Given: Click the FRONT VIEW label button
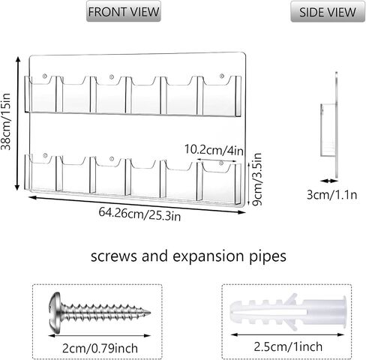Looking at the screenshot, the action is pos(124,11).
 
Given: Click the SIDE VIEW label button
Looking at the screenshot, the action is pos(328,12).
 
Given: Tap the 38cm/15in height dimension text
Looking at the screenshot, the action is pos(6,121).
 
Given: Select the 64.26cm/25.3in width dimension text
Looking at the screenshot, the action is pos(139,214).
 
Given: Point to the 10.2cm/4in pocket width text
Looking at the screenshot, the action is pos(214,150).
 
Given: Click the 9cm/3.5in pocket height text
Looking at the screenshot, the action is pos(257,179).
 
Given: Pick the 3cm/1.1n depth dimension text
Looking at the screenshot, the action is pos(331,194).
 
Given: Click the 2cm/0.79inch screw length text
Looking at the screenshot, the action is pos(100,348).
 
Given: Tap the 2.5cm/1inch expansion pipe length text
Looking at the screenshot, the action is pos(288,346).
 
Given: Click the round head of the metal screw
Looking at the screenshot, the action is pos(55,313).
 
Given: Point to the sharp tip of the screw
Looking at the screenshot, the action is pos(150,313).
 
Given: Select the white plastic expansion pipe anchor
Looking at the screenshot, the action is pos(288,312).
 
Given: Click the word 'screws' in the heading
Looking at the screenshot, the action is pos(114,256).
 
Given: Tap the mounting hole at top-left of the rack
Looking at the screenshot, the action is pos(45,76).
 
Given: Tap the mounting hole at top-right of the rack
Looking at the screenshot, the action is pos(221,76).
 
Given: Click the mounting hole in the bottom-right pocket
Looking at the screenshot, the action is pos(221,163).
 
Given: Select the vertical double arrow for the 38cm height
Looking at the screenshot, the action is pos(17,123).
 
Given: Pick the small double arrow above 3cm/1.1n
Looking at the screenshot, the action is pos(328,181).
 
